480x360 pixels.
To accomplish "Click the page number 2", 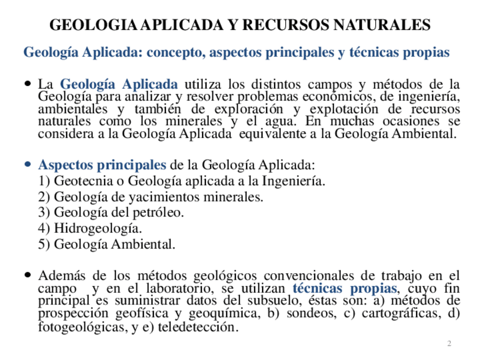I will (449, 344).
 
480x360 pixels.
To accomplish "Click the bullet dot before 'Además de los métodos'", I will (28, 275).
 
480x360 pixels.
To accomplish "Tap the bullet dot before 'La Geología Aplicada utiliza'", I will (28, 83).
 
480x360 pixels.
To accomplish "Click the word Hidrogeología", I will (98, 229).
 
